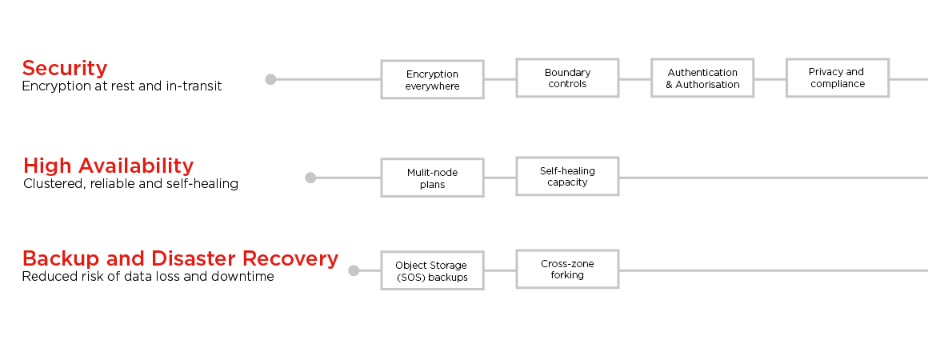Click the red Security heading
click(x=64, y=68)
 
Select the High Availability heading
click(x=108, y=166)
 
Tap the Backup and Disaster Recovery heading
click(x=180, y=259)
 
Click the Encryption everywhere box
click(x=432, y=79)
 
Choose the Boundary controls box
click(x=567, y=78)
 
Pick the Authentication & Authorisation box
click(x=702, y=78)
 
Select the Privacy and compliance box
click(x=837, y=78)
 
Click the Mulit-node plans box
click(x=432, y=178)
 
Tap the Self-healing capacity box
click(x=567, y=176)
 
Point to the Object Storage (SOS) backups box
click(x=432, y=270)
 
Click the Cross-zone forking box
click(x=567, y=269)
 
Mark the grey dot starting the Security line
click(x=270, y=79)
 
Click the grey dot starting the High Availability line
click(x=310, y=178)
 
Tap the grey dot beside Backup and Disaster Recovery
click(x=354, y=270)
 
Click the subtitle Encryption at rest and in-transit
click(x=122, y=86)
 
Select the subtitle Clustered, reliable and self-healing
click(x=130, y=184)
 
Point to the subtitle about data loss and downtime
click(x=147, y=277)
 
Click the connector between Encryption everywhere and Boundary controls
click(x=500, y=78)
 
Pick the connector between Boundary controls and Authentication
click(x=635, y=78)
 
